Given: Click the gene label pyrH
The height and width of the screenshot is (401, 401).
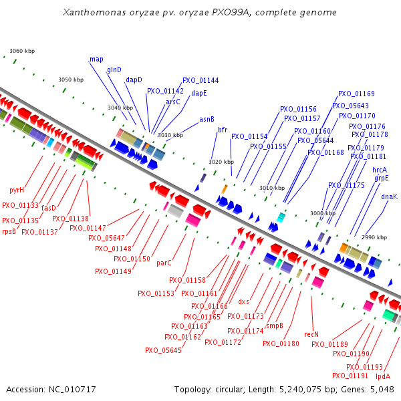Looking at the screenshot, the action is pyautogui.click(x=17, y=190).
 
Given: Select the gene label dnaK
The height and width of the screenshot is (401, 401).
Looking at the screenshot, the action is pyautogui.click(x=389, y=196).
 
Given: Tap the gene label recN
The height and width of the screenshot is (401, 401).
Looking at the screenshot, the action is pyautogui.click(x=311, y=334).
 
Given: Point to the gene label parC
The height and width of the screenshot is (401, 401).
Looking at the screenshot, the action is pyautogui.click(x=164, y=263).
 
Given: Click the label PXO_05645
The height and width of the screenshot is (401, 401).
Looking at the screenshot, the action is pyautogui.click(x=163, y=350).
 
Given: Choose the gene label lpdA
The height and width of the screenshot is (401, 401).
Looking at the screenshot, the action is pyautogui.click(x=383, y=377).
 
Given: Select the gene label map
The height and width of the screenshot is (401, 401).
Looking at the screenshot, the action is pyautogui.click(x=96, y=59).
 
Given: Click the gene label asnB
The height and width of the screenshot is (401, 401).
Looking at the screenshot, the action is pyautogui.click(x=207, y=120).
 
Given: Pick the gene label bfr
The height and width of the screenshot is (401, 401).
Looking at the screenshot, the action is pyautogui.click(x=223, y=130).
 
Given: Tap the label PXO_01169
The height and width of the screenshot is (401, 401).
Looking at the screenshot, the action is pyautogui.click(x=356, y=94).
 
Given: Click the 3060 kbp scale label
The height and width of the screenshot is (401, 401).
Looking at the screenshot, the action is pyautogui.click(x=21, y=51).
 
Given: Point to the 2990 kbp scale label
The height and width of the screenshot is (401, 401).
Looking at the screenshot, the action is pyautogui.click(x=374, y=237).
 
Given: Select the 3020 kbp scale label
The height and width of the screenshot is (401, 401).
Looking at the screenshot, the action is pyautogui.click(x=221, y=162).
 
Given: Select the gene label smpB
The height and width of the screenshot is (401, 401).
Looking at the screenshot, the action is pyautogui.click(x=274, y=326).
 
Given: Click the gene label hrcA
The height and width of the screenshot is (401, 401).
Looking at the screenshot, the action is pyautogui.click(x=380, y=170).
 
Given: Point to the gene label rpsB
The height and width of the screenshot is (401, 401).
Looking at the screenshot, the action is pyautogui.click(x=9, y=231).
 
